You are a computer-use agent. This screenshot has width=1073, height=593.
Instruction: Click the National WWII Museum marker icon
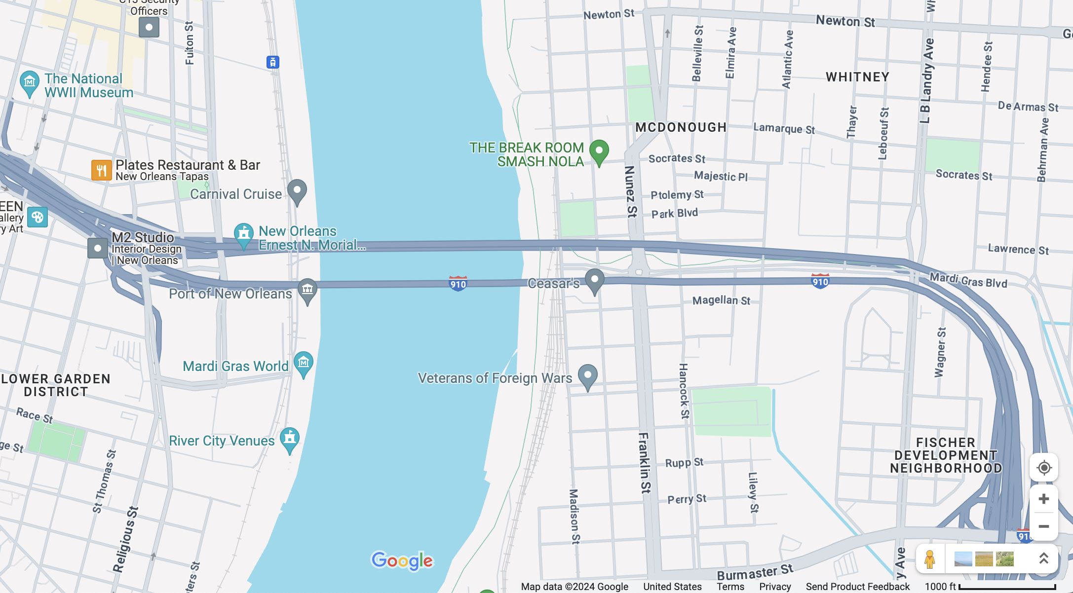[x=29, y=82]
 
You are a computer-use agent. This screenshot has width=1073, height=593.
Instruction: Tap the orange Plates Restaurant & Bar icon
[x=101, y=170]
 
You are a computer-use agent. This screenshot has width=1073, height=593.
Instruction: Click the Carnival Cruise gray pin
[x=297, y=190]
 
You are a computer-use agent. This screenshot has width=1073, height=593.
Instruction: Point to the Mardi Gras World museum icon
[x=304, y=363]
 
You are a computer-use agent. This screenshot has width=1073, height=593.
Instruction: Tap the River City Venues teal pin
[x=290, y=438]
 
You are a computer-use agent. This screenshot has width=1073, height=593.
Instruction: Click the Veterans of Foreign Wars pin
[x=588, y=376]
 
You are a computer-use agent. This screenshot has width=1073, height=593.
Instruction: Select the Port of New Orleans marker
[x=307, y=289]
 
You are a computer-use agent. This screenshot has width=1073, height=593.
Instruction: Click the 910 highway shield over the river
[x=458, y=284]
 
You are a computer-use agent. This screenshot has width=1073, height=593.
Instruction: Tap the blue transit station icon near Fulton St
[x=273, y=62]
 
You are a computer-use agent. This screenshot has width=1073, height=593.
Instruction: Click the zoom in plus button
[x=1043, y=499]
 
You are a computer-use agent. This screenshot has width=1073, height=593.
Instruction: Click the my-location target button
[x=1043, y=467]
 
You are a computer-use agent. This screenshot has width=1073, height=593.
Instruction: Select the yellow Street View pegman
[x=930, y=559]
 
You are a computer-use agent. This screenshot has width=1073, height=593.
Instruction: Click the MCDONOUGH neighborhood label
[x=681, y=127]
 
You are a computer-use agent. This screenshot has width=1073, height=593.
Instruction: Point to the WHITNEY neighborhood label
[x=857, y=77]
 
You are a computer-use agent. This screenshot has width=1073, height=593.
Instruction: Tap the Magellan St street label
[x=721, y=300]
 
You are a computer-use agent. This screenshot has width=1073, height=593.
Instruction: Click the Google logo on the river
[x=402, y=560]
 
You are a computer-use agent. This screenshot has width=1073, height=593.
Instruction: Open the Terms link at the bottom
[x=730, y=587]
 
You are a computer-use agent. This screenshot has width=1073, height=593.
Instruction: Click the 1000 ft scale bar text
[x=940, y=587]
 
